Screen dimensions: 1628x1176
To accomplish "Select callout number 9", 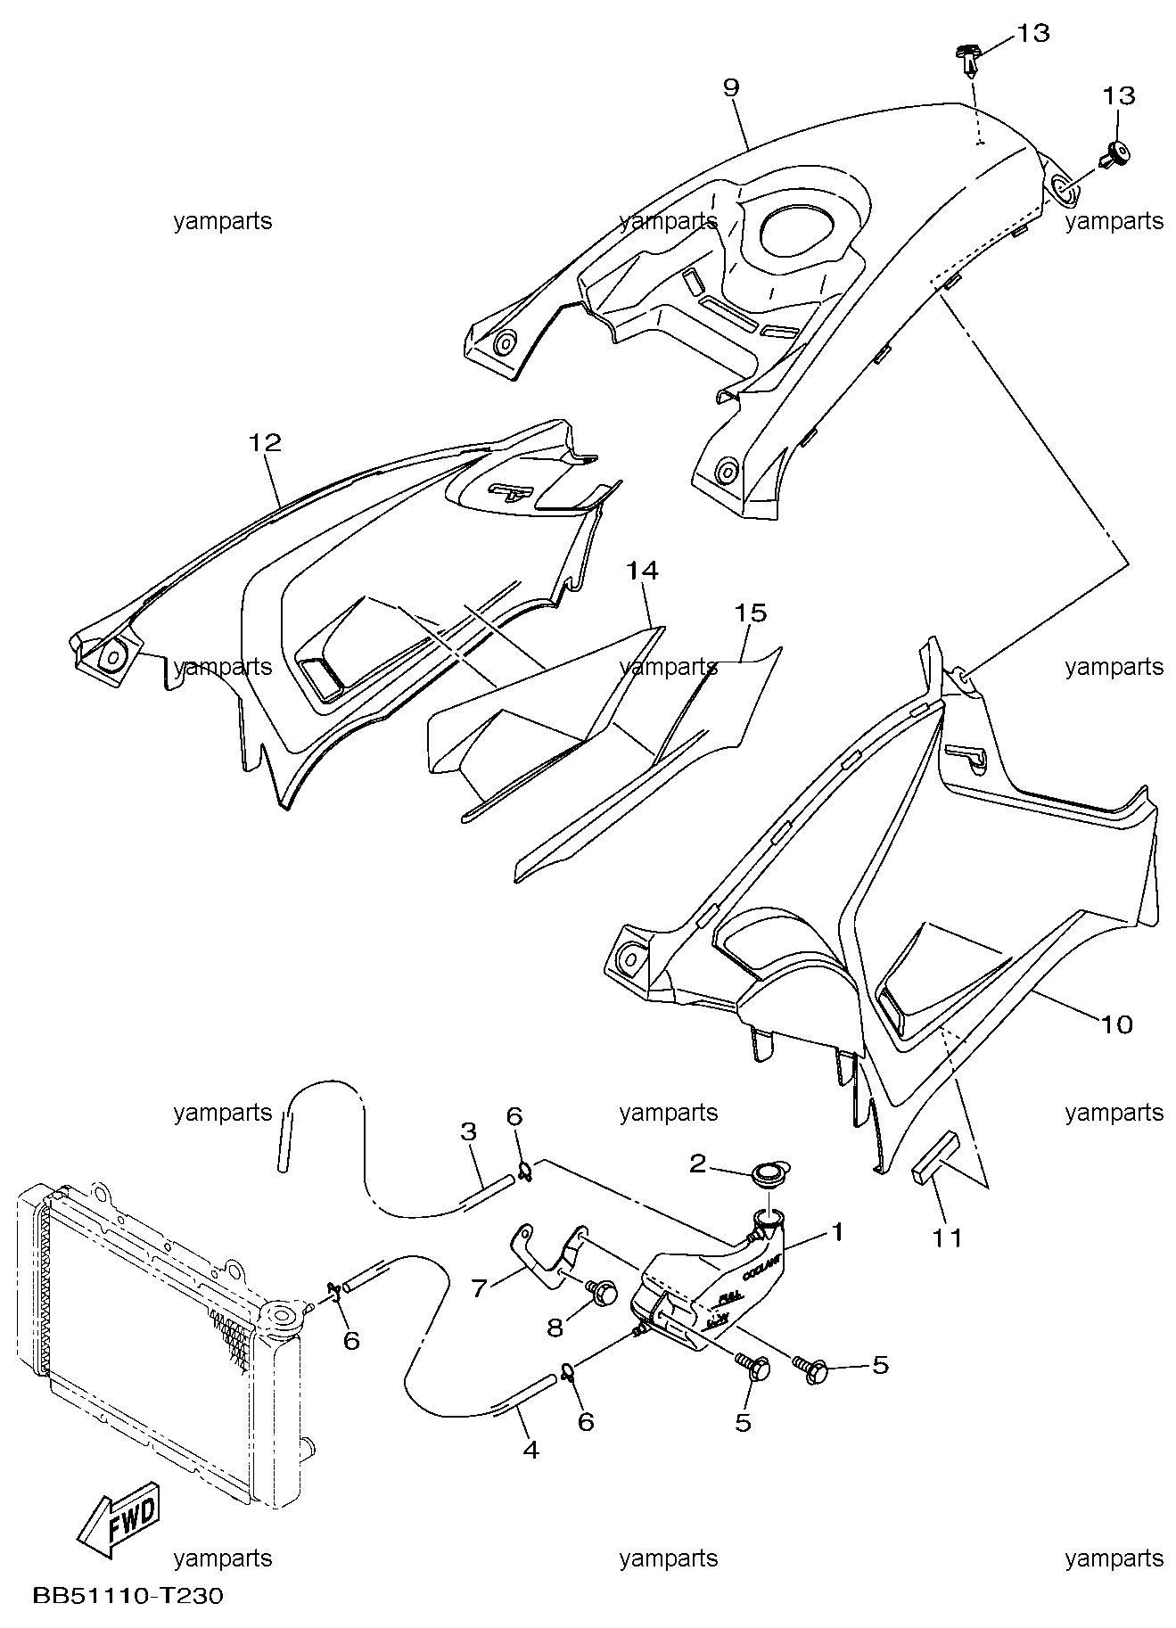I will click(731, 87).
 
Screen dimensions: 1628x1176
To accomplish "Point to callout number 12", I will click(265, 443).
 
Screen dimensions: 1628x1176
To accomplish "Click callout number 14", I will click(642, 570).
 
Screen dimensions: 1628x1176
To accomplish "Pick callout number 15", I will click(750, 613).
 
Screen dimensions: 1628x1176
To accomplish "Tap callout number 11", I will click(947, 1237).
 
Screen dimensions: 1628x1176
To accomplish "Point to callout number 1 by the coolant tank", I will click(836, 1232).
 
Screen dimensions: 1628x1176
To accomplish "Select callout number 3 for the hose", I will click(469, 1132).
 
